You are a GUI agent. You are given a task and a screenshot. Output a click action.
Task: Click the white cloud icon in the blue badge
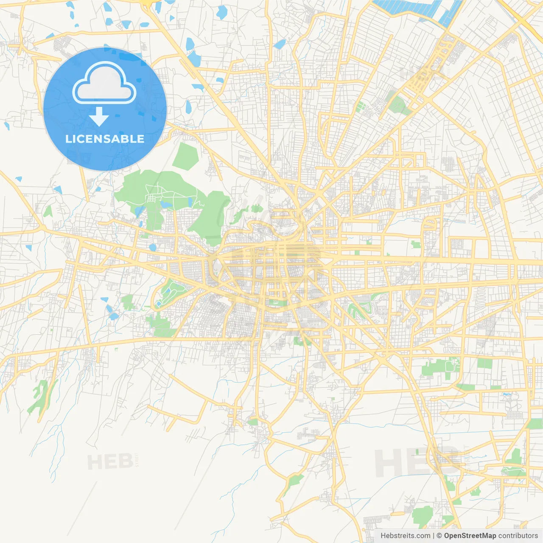click(x=104, y=83)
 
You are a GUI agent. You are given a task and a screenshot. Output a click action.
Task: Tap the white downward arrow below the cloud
click(x=99, y=117)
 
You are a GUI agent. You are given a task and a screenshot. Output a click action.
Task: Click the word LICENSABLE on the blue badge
click(x=105, y=139)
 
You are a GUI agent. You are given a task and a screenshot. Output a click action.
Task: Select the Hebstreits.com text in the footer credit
click(x=405, y=536)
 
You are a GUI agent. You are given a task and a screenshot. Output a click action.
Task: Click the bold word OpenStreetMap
click(x=470, y=536)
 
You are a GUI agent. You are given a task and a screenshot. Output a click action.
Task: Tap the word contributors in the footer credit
click(x=518, y=536)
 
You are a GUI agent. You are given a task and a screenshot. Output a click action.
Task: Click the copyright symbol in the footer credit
click(x=439, y=536)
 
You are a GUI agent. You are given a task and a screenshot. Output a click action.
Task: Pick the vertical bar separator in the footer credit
click(x=433, y=536)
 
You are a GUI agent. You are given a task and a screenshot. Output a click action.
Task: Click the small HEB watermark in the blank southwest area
click(x=109, y=462)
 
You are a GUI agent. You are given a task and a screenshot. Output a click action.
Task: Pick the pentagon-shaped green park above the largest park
click(x=185, y=156)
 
